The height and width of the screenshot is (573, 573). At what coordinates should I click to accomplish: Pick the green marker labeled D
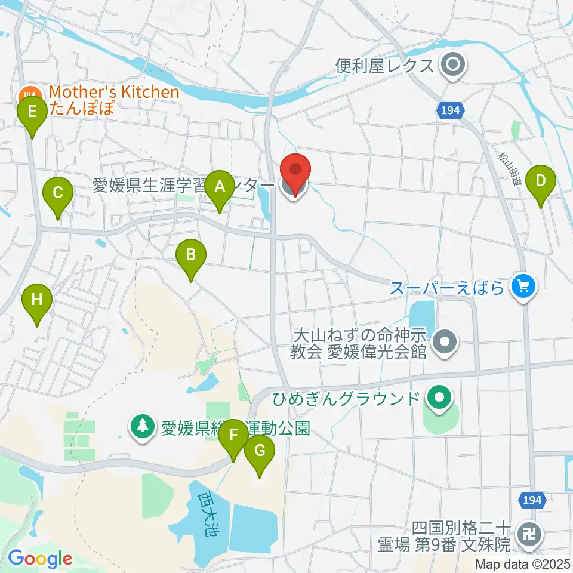tap(541, 181)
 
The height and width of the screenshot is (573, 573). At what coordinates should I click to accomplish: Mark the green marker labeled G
tap(260, 452)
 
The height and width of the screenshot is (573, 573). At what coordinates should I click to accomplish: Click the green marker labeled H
tap(37, 300)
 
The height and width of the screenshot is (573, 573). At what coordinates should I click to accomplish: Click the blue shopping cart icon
tap(524, 288)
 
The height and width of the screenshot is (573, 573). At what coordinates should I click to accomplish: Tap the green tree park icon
tap(142, 427)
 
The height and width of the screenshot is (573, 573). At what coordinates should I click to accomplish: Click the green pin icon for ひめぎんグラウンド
tap(440, 398)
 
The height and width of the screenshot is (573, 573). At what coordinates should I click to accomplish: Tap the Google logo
tap(40, 559)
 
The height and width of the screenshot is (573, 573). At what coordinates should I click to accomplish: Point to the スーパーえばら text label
tap(448, 289)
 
